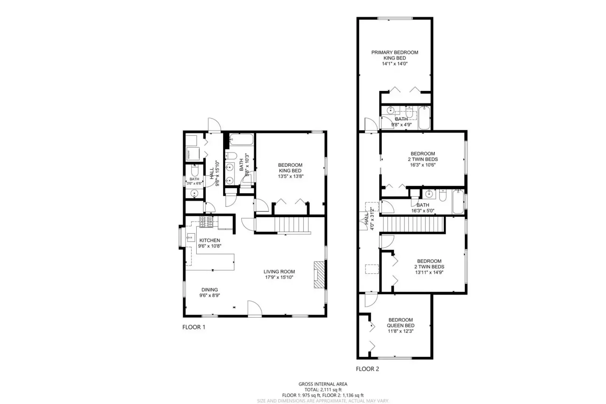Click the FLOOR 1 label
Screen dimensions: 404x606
[194, 327]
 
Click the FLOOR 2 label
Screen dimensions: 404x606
[367, 369]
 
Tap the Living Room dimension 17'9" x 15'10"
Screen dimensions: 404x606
[279, 277]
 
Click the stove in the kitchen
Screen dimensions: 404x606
[207, 222]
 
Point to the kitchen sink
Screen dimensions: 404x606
[190, 237]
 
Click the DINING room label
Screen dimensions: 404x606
[210, 290]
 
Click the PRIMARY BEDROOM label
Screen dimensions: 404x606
[395, 52]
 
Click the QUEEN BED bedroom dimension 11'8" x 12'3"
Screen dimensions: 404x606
[401, 331]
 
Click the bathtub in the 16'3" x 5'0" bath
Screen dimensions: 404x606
[457, 201]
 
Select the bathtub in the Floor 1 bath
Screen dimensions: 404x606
[241, 139]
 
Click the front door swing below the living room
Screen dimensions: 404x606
[255, 308]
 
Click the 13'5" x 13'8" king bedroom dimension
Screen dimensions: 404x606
[290, 176]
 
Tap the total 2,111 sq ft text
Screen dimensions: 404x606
[323, 390]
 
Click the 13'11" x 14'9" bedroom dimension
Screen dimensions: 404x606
[429, 272]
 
